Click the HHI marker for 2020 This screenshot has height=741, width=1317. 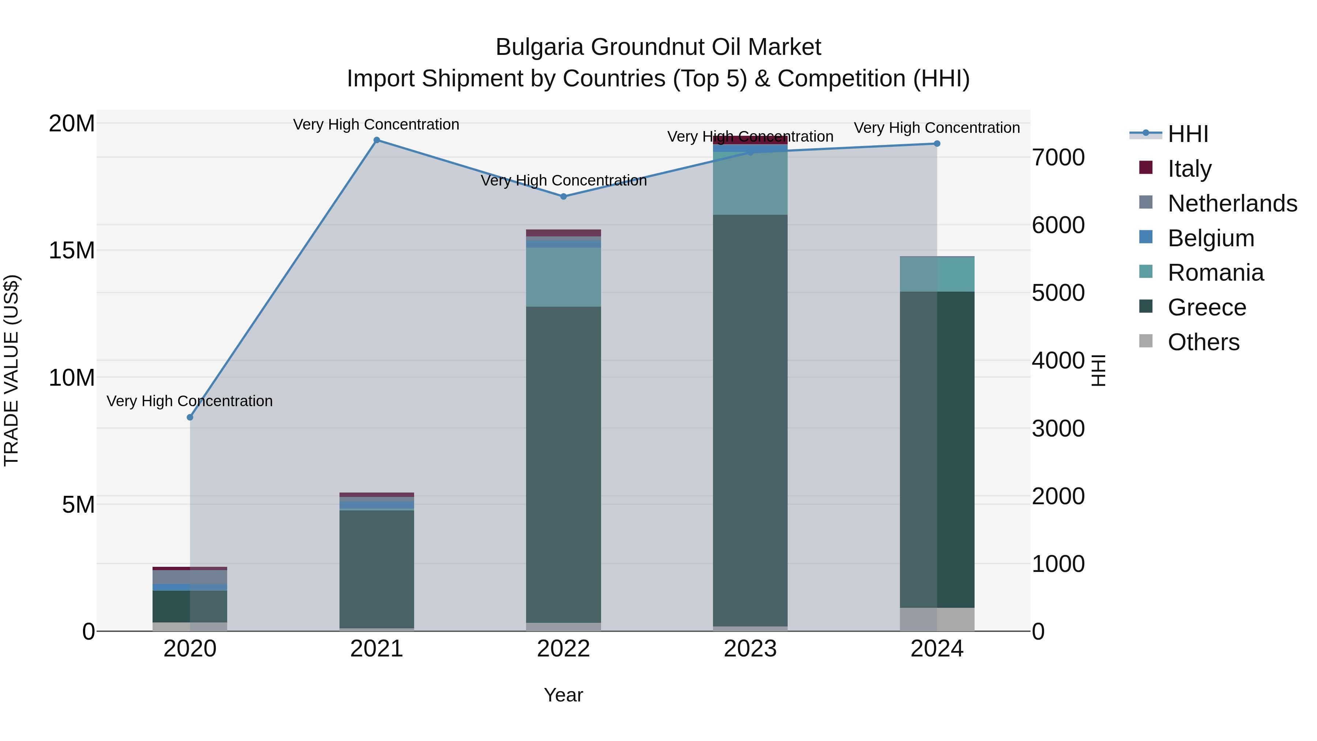[x=190, y=417]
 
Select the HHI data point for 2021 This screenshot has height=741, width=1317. [x=377, y=140]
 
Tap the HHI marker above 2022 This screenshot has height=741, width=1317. [x=563, y=197]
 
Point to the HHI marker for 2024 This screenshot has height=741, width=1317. [x=937, y=144]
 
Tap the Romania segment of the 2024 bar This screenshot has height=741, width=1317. [x=937, y=274]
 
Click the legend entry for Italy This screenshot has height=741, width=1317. [x=1189, y=169]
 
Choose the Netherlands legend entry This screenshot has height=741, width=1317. [x=1232, y=203]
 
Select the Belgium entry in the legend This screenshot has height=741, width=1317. [x=1211, y=238]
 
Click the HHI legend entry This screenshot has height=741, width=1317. [x=1187, y=134]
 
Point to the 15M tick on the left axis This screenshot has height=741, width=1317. [x=72, y=251]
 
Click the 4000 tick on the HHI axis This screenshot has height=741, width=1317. [x=1058, y=360]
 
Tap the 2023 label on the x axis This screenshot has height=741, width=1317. [x=750, y=649]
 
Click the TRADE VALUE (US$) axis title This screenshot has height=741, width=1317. [x=11, y=370]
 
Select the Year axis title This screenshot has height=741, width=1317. [x=563, y=695]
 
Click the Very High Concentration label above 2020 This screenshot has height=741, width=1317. [x=190, y=401]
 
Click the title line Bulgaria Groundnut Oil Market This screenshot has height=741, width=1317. [x=658, y=47]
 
